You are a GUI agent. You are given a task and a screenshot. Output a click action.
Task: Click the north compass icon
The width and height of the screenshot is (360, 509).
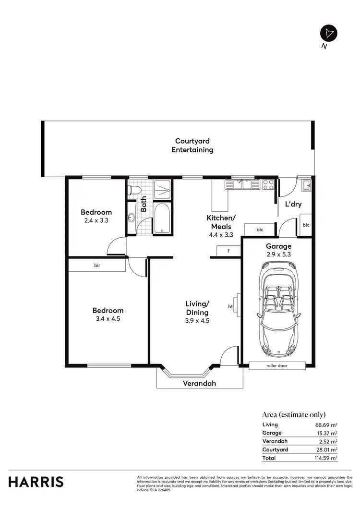tap(329, 33)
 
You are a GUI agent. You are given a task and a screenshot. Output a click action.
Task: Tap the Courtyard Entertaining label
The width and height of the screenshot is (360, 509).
tap(192, 145)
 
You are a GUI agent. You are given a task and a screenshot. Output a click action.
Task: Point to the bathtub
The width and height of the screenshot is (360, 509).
tap(162, 219)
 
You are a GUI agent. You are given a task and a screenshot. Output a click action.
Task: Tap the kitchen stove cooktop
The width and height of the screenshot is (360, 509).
tap(268, 184)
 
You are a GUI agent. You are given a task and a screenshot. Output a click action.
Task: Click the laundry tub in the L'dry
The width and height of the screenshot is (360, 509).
tap(305, 184)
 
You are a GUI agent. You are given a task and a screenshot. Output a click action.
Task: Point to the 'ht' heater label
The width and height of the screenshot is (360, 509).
tap(230, 306)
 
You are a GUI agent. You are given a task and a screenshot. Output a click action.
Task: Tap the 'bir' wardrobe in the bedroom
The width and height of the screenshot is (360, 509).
tap(96, 265)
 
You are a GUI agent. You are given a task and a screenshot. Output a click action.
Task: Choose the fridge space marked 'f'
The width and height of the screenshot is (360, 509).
tap(228, 251)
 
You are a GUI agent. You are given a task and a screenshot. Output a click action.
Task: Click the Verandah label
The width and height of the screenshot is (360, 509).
tap(199, 383)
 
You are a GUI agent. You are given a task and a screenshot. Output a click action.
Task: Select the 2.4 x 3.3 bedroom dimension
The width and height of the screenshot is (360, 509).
tap(96, 221)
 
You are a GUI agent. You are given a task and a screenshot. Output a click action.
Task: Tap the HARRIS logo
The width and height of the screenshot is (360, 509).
tap(36, 482)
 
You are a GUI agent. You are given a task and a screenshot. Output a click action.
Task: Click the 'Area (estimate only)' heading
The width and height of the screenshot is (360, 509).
tap(294, 414)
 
